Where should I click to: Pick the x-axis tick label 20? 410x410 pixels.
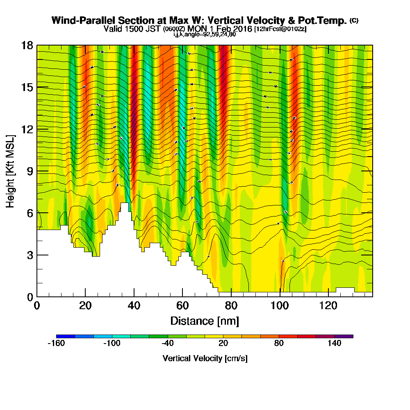pyautogui.click(x=85, y=306)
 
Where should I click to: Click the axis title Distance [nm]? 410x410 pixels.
pyautogui.click(x=205, y=321)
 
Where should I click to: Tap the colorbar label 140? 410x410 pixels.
pyautogui.click(x=335, y=344)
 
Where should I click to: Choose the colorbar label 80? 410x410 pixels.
pyautogui.click(x=279, y=344)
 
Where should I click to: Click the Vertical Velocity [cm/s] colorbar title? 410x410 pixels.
pyautogui.click(x=205, y=358)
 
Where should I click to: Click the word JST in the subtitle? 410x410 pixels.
pyautogui.click(x=153, y=29)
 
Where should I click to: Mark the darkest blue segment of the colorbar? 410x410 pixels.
pyautogui.click(x=66, y=336)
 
